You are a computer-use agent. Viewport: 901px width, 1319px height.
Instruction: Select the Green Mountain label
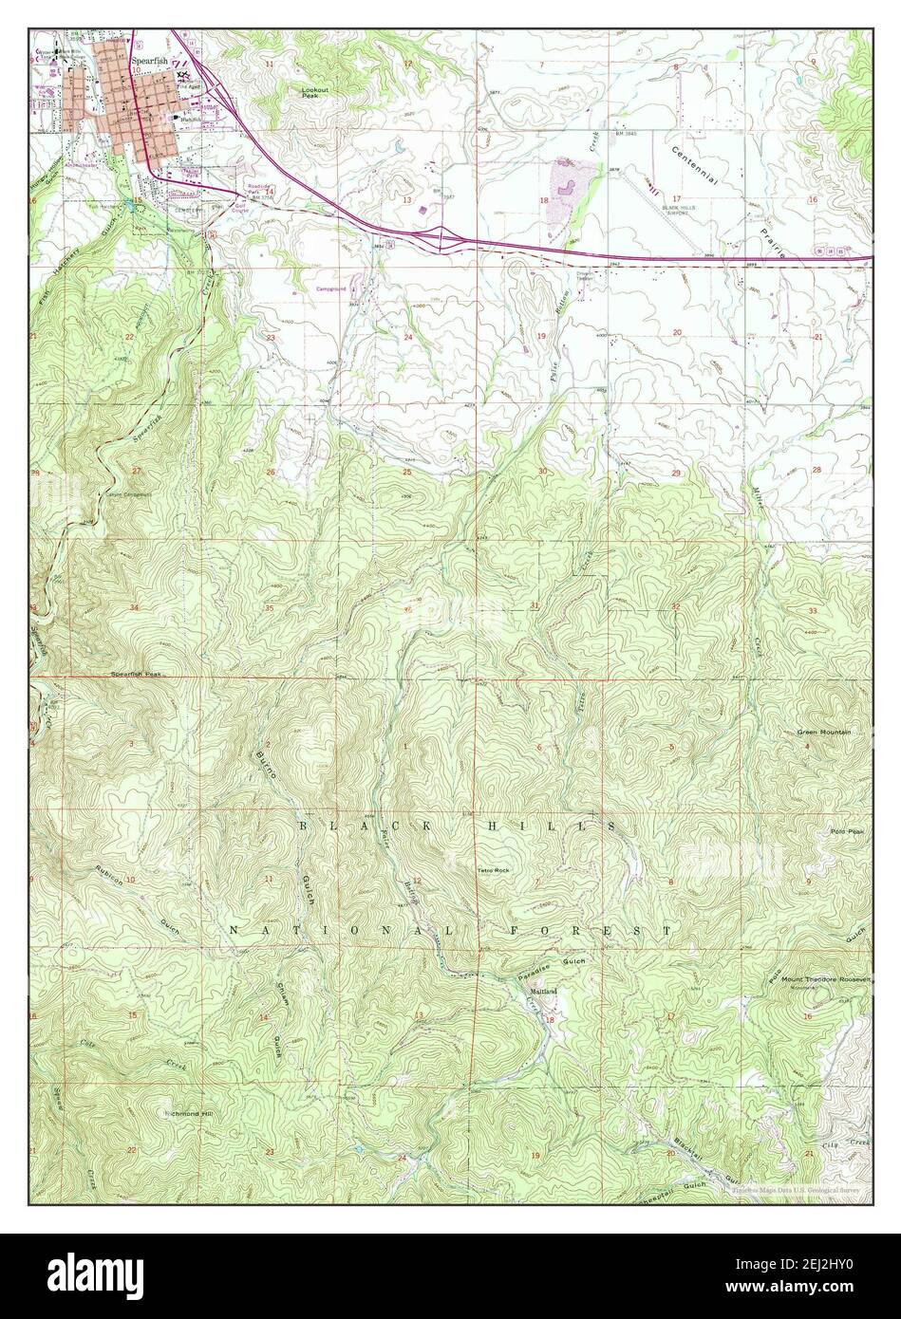click(x=823, y=733)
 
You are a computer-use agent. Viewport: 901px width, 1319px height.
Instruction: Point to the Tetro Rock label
click(x=494, y=869)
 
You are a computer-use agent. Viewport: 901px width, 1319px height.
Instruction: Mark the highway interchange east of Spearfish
click(x=440, y=233)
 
